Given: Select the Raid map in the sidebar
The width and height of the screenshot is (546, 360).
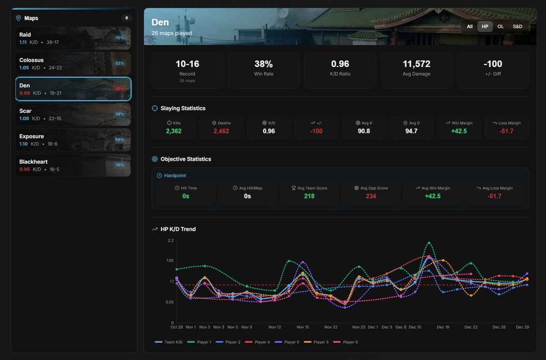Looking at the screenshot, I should click(x=73, y=38).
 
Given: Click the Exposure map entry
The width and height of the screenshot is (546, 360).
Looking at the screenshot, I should click(x=73, y=140).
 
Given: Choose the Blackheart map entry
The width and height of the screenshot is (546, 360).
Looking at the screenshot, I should click(x=73, y=165).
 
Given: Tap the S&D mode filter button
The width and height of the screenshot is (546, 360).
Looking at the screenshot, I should click(x=517, y=27).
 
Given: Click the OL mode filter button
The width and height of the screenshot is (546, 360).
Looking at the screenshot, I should click(x=500, y=27).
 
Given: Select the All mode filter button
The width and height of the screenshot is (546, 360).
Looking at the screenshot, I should click(x=470, y=27).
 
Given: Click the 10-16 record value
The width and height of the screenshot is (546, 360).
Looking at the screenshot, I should click(x=187, y=64).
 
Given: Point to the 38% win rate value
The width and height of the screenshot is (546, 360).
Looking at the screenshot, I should click(x=263, y=64).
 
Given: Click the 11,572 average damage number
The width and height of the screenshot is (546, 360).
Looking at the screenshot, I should click(x=416, y=64).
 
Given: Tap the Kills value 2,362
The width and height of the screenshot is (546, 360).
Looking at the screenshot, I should click(x=173, y=131).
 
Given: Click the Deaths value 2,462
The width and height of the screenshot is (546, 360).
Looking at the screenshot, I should click(x=221, y=131).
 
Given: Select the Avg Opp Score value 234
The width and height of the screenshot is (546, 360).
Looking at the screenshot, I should click(x=371, y=196).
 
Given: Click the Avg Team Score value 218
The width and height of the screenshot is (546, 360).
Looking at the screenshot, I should click(x=309, y=196).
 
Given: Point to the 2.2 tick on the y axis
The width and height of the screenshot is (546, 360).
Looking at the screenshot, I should click(x=171, y=240).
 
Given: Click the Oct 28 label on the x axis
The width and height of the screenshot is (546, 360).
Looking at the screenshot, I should click(x=177, y=327).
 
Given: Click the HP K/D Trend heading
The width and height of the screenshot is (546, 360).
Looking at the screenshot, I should click(x=178, y=229).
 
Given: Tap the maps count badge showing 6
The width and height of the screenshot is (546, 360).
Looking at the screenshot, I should click(x=126, y=18).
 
